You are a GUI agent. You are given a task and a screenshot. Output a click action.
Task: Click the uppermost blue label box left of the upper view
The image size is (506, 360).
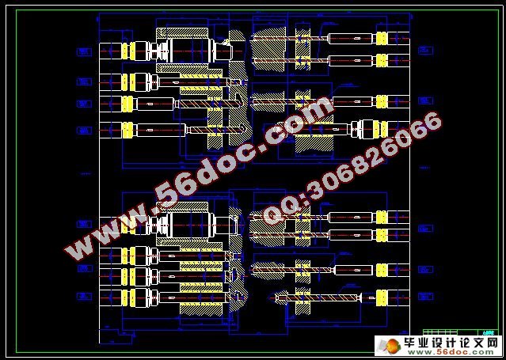(x=83, y=51)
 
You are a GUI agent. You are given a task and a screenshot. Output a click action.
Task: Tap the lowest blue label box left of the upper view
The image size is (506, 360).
(x=83, y=130)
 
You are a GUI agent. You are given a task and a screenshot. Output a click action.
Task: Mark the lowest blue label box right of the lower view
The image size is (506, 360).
(x=425, y=297)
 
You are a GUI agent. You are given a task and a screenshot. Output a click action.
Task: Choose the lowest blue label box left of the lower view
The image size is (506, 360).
(x=83, y=297)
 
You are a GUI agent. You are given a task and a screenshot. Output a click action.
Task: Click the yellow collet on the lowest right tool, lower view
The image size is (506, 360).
(x=381, y=297)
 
